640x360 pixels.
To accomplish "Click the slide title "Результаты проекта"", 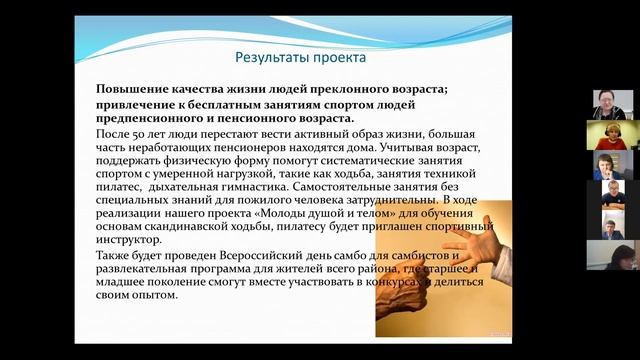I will tap(286, 56).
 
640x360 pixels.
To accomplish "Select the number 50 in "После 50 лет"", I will tap(149, 133).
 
